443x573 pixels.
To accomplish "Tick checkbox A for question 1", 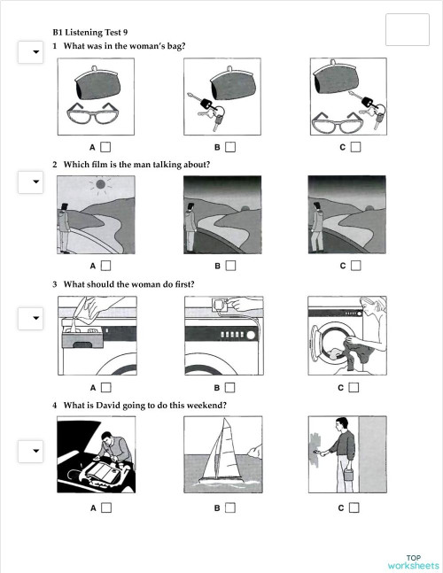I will click(105, 146).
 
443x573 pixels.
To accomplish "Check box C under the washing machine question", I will click(354, 387).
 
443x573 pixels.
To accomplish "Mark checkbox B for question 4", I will click(230, 507).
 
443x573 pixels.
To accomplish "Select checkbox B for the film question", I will click(230, 265).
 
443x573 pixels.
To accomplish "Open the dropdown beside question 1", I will click(31, 53).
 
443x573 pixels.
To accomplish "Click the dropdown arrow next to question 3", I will click(31, 317).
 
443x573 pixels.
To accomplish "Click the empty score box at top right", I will click(408, 29).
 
